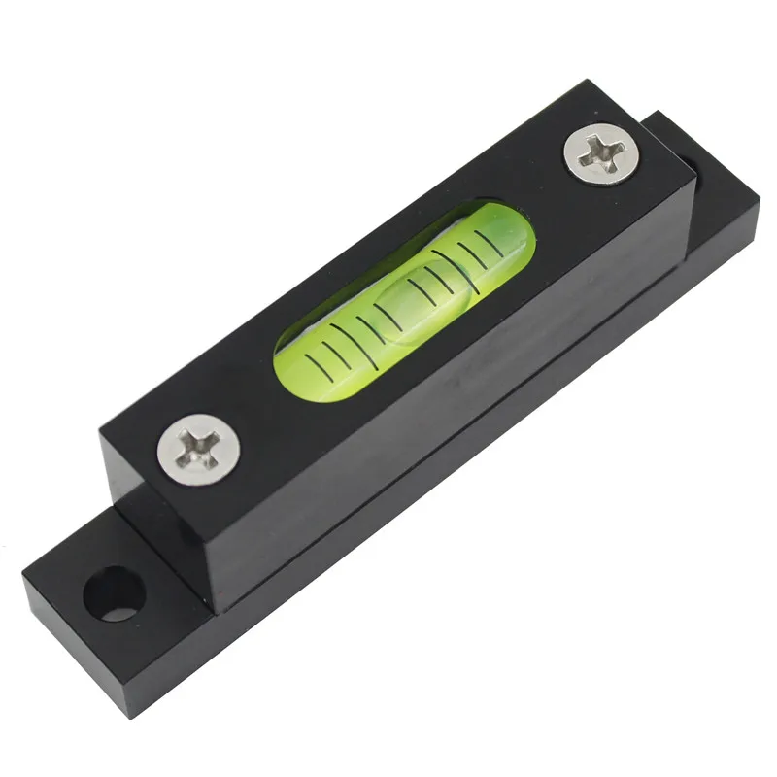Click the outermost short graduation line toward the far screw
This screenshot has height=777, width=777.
click(x=506, y=245)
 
